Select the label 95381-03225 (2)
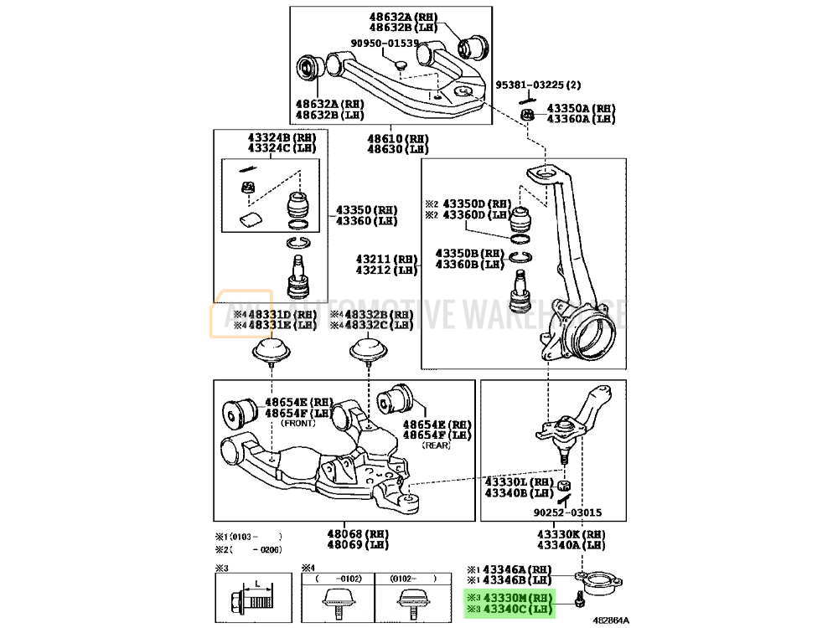pyautogui.click(x=537, y=85)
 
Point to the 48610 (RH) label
pyautogui.click(x=397, y=138)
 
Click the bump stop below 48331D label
pyautogui.click(x=272, y=350)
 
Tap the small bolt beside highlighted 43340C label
pyautogui.click(x=578, y=600)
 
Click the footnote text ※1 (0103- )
pyautogui.click(x=248, y=537)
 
